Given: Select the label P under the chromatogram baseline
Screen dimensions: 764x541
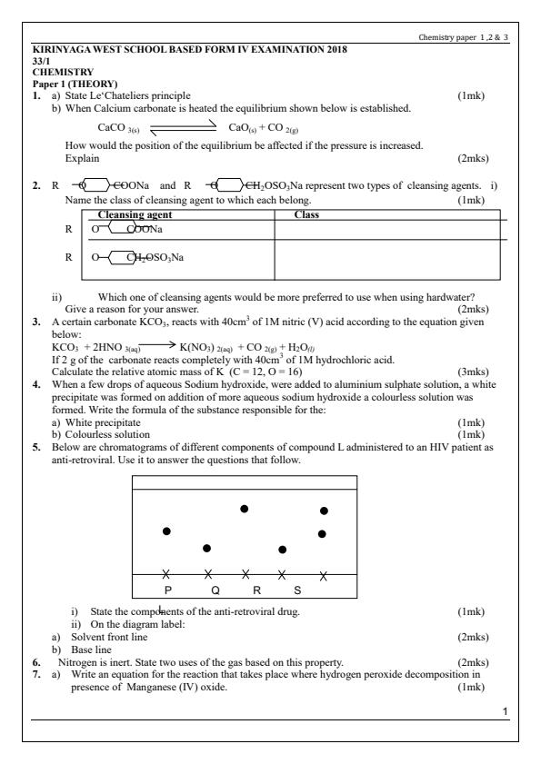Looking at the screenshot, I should pyautogui.click(x=167, y=590).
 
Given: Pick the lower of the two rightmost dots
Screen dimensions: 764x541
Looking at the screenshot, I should pyautogui.click(x=323, y=533).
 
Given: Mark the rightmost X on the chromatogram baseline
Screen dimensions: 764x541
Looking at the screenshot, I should pyautogui.click(x=324, y=575).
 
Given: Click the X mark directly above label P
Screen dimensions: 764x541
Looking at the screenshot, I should pyautogui.click(x=165, y=574).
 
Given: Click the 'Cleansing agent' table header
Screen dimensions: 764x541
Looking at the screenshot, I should pyautogui.click(x=135, y=215).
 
